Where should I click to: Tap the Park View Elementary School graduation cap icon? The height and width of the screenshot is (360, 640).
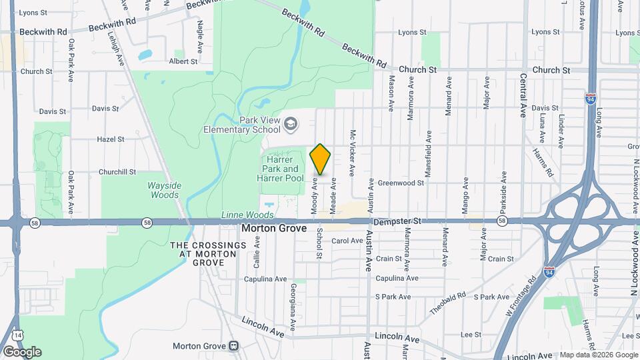[291, 123]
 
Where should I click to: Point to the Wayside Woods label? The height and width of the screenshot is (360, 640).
[163, 190]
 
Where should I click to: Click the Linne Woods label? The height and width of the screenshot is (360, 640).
[247, 215]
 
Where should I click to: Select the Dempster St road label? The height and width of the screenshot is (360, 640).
[398, 221]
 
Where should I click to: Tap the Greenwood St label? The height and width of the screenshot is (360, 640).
[401, 183]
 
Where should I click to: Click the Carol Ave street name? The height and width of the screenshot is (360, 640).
[347, 241]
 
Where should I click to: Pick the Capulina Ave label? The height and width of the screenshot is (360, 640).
[397, 278]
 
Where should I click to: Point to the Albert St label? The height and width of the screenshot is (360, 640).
[183, 61]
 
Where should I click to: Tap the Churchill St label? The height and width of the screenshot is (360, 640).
[117, 171]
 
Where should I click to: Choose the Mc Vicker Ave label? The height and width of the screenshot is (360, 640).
[353, 153]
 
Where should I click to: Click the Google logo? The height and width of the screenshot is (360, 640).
[22, 351]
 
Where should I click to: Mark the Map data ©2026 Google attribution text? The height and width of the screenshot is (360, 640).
[598, 355]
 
